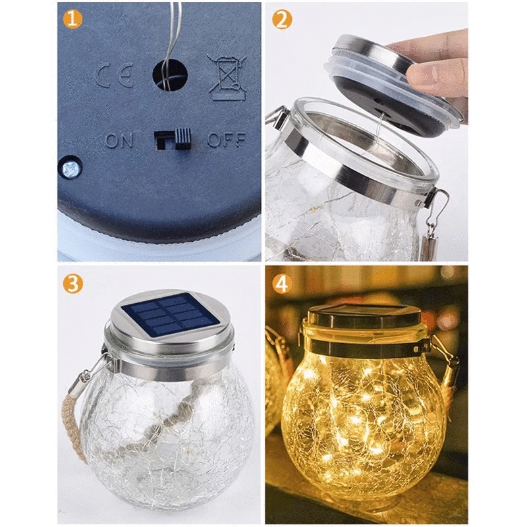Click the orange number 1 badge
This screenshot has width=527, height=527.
point(72,20)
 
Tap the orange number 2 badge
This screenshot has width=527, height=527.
point(282,20)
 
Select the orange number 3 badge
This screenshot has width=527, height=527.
point(72,284)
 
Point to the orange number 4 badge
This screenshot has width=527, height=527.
point(282,284)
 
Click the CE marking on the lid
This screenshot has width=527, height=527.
point(114,75)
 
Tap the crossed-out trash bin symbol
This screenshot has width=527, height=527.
point(226,78)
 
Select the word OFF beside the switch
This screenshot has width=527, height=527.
point(227,140)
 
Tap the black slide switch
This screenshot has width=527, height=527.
point(173,138)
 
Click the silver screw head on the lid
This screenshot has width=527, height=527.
point(71,168)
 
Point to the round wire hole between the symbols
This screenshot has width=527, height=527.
point(170,75)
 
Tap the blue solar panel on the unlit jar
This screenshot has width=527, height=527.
point(170,315)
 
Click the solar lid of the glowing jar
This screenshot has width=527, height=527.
point(364,318)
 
